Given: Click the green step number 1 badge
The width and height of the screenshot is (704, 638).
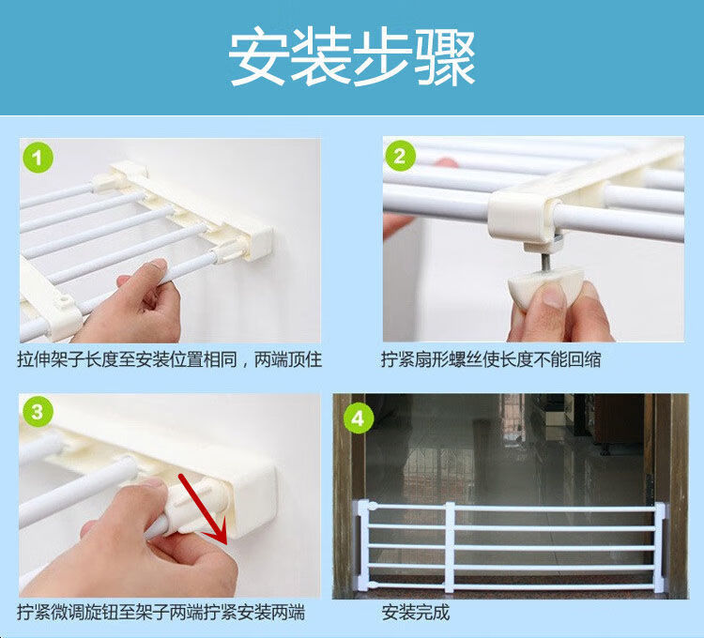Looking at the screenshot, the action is point(38,158).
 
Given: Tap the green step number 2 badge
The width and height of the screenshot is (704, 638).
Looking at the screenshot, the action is point(400,156).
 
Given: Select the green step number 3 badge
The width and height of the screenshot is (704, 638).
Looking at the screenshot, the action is point(37,412).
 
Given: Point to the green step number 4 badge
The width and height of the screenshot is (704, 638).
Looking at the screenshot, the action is point(359,418).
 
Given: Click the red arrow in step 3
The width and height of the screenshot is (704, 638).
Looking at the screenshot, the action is point(204,509).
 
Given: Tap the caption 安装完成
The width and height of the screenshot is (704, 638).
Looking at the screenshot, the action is point(415,613).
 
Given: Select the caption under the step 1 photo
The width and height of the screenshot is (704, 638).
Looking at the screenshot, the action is point(170,359).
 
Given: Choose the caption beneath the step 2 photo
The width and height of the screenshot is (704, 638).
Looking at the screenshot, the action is point(491,359).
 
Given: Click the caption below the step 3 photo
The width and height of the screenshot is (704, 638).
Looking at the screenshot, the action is point(161,613).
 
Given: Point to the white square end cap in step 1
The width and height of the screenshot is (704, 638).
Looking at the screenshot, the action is point(259,243).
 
